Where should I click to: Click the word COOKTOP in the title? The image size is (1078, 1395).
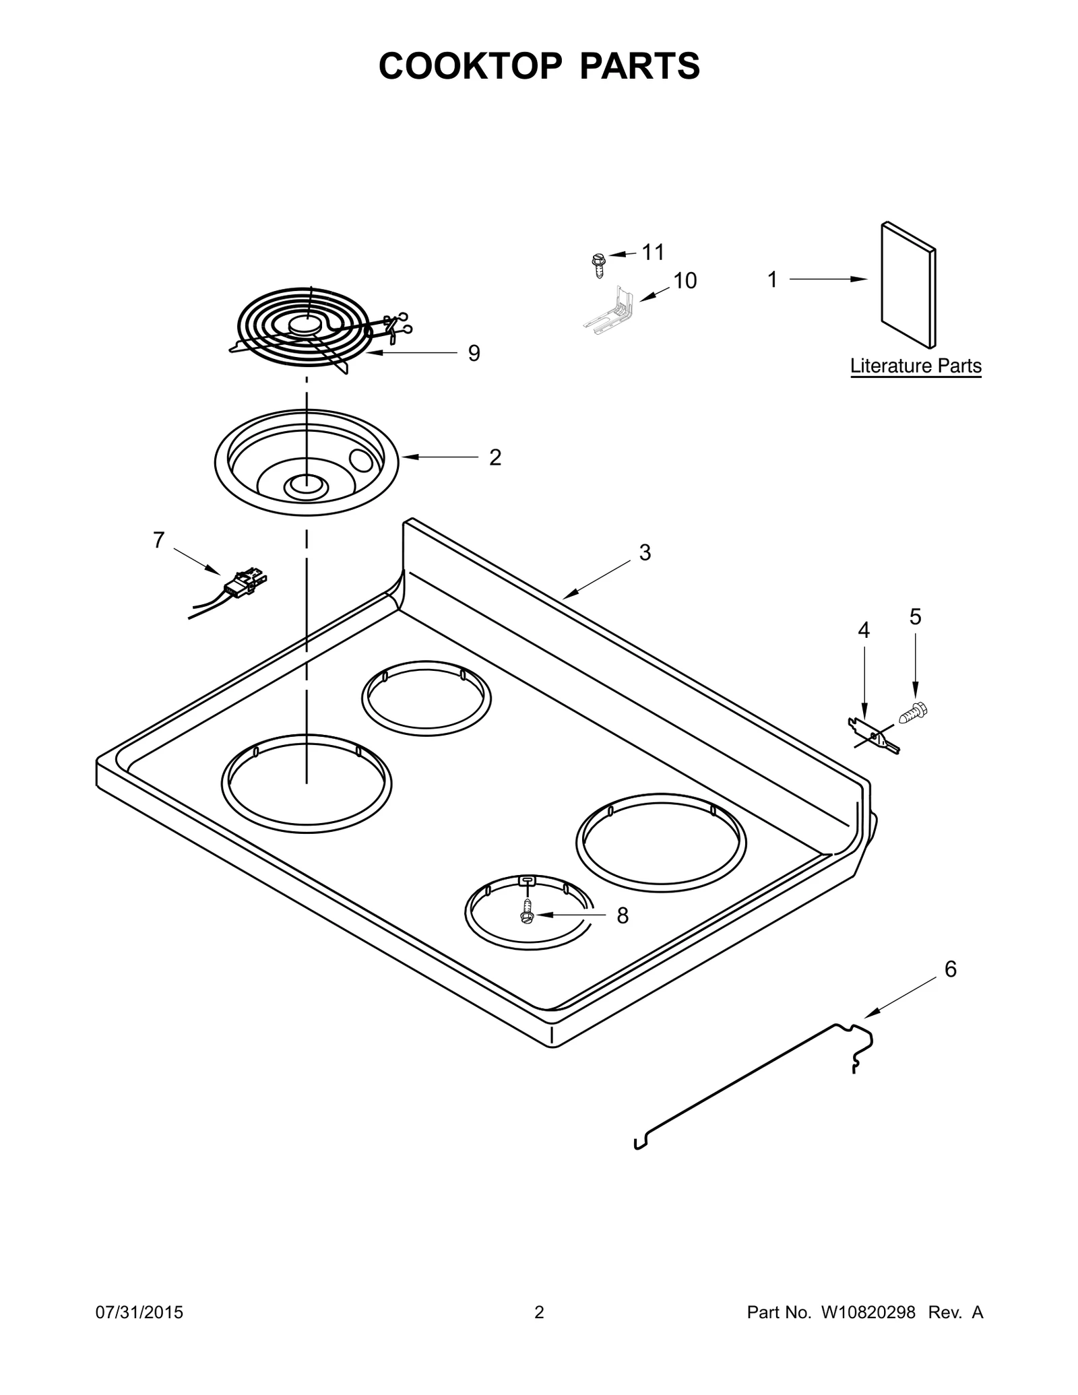pos(470,66)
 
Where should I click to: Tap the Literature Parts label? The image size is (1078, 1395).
pos(916,366)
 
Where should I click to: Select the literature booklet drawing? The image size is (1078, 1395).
pos(908,285)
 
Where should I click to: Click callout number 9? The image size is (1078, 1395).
pos(474,353)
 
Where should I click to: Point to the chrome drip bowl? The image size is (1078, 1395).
pos(307,463)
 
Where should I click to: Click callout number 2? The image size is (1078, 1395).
pos(495,458)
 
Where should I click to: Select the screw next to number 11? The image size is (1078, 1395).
pos(597,265)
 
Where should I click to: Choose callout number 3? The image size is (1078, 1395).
pos(645,552)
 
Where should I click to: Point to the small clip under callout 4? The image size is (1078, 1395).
pos(874,736)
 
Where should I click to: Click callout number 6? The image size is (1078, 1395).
pos(951,969)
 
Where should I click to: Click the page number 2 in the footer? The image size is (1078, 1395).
pos(539,1312)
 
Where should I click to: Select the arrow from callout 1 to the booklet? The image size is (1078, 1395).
pos(828,279)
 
